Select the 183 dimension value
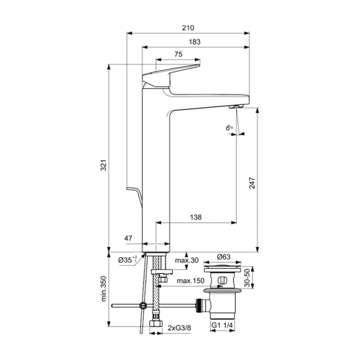pyautogui.click(x=195, y=42)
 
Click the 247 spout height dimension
pyautogui.click(x=252, y=182)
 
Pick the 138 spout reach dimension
pyautogui.click(x=196, y=217)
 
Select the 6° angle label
pyautogui.click(x=228, y=126)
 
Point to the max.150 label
pyautogui.click(x=191, y=281)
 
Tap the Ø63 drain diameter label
pyautogui.click(x=224, y=257)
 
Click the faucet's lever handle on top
pyautogui.click(x=171, y=73)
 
